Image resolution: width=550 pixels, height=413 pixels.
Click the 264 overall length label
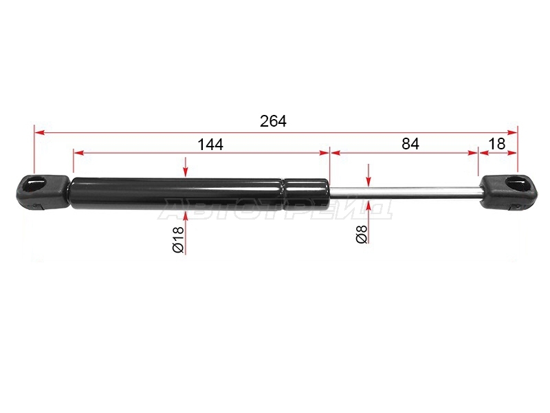[273, 121]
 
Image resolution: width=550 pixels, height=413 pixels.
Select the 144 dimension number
[210, 145]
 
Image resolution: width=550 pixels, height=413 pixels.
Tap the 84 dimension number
[410, 144]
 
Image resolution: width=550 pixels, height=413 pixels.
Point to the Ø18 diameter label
[178, 239]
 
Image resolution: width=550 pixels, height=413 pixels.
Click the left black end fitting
[43, 192]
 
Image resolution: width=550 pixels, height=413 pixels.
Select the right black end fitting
[508, 193]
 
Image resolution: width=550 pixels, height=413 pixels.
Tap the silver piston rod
[405, 193]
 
